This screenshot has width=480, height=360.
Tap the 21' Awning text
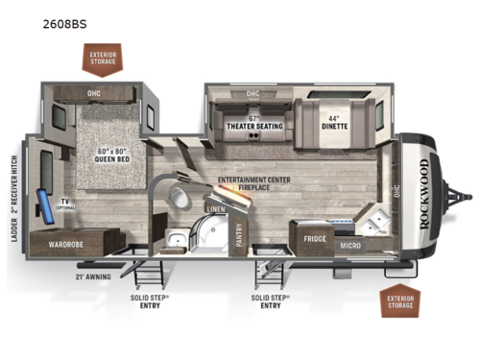pyautogui.click(x=92, y=275)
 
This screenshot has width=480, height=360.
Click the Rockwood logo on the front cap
pyautogui.click(x=424, y=202)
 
